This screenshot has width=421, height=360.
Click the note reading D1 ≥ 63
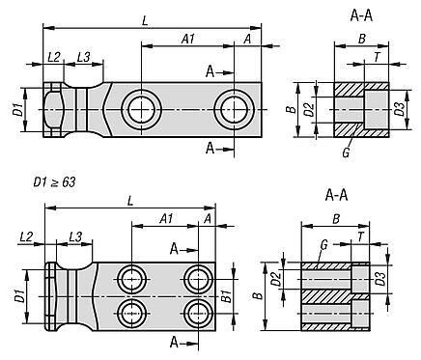[x=54, y=182]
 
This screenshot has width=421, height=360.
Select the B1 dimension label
[x=227, y=296]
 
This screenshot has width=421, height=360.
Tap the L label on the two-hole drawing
[x=145, y=21]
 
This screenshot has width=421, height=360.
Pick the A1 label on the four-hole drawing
[x=166, y=219]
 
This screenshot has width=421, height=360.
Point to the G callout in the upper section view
[x=346, y=152]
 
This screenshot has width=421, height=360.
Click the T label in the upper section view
[x=377, y=57]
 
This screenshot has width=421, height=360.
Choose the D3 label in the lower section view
[x=380, y=279]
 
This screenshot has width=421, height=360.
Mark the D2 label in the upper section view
[x=309, y=110]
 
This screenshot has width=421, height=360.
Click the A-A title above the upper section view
[x=361, y=16]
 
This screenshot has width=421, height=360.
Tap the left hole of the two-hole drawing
[x=141, y=110]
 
